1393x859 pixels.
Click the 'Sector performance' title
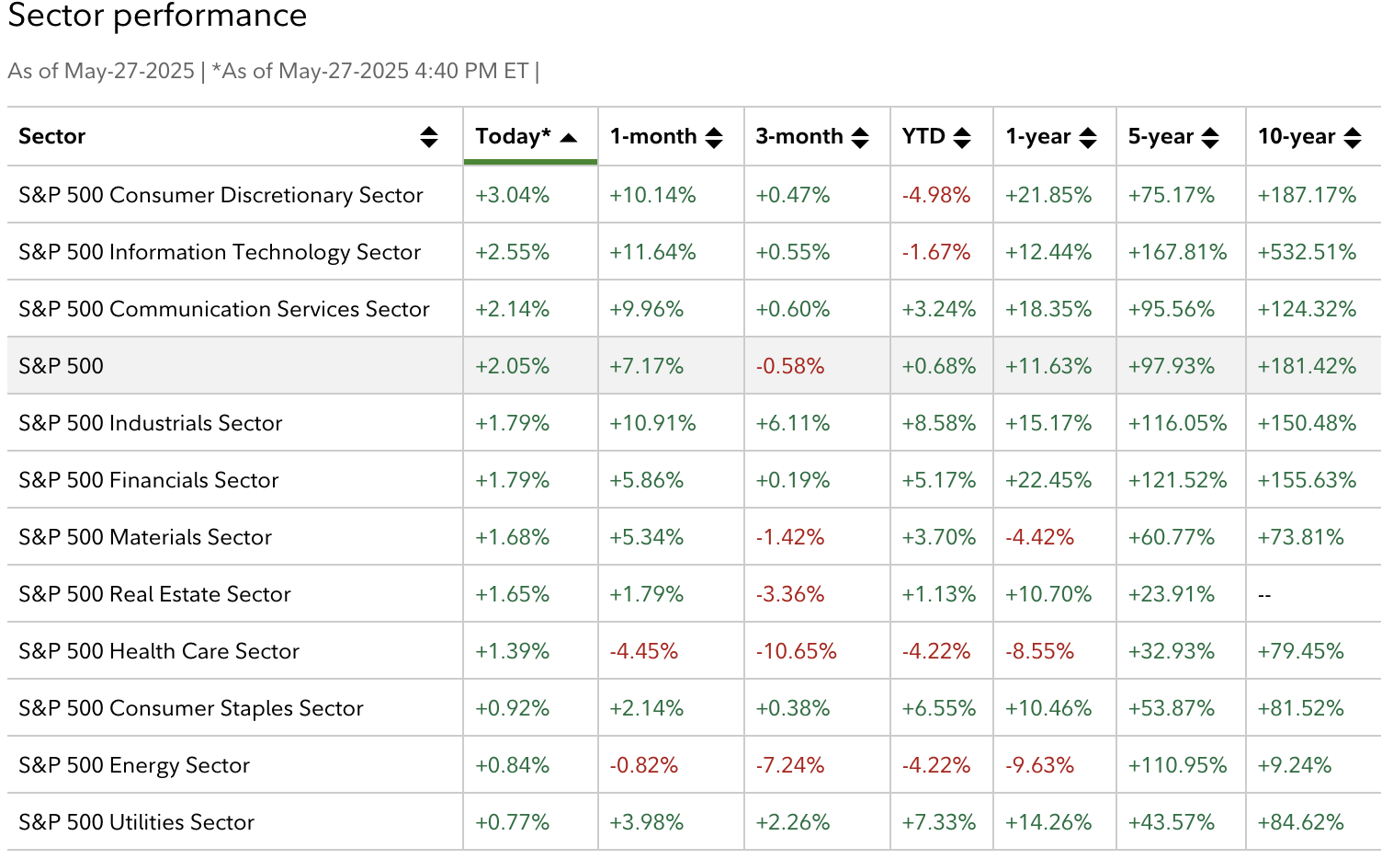click(x=157, y=16)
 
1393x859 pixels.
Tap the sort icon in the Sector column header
click(x=429, y=137)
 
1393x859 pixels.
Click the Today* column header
click(x=513, y=137)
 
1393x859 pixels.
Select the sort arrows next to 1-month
click(x=714, y=138)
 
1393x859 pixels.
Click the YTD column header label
click(x=923, y=137)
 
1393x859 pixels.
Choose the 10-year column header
click(x=1296, y=137)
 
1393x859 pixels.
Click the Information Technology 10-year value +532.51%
click(x=1307, y=252)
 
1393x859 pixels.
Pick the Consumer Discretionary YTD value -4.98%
click(x=935, y=195)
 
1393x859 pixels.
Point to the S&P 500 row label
click(x=62, y=366)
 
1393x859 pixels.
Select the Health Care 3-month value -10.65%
click(x=796, y=651)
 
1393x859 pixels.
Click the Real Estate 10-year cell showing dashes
click(x=1264, y=595)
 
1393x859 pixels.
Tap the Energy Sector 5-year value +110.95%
click(x=1177, y=765)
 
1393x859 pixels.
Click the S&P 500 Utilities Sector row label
click(x=136, y=822)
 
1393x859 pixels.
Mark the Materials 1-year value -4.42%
click(x=1039, y=537)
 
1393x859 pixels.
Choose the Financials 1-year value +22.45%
click(x=1048, y=480)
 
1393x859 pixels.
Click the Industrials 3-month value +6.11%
click(x=792, y=423)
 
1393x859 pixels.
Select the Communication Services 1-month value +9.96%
click(x=646, y=309)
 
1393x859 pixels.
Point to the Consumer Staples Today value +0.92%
click(x=512, y=708)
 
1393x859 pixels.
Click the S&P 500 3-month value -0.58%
click(x=789, y=366)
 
